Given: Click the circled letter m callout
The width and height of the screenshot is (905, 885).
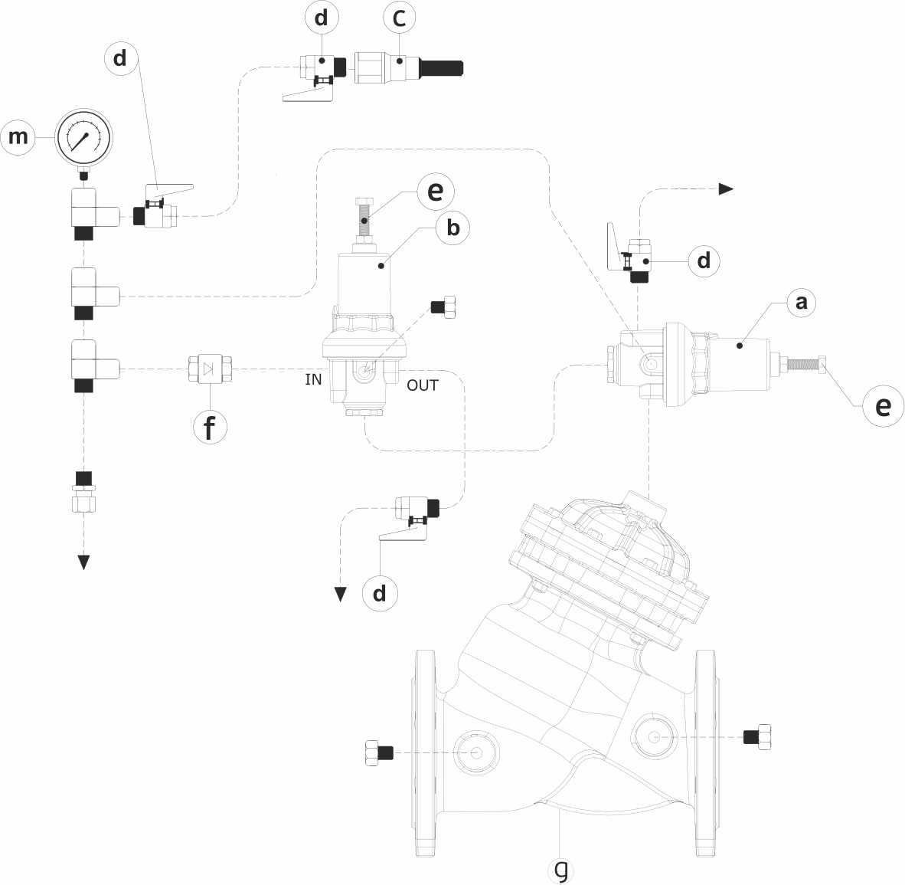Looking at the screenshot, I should coord(18,137).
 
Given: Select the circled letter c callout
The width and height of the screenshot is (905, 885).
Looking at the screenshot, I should coord(399,18).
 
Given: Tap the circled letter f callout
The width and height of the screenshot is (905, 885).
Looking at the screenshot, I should coord(210,426).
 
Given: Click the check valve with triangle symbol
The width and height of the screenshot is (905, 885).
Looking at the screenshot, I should coord(210,370).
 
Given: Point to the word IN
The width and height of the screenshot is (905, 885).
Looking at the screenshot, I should coord(313,379).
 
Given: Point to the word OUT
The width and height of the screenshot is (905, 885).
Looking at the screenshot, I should coord(422,385).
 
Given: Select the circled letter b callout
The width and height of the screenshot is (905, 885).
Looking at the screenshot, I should coord(453,228).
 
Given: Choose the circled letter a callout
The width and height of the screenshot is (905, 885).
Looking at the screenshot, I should coord(801,302).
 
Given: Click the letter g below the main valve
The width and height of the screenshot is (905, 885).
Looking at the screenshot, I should coord(561,869).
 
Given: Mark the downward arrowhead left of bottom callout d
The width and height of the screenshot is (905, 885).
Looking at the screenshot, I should coord(341,594).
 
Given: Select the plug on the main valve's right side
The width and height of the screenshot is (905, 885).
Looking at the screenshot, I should coord(757,736).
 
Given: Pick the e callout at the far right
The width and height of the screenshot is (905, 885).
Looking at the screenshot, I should coord(883,405).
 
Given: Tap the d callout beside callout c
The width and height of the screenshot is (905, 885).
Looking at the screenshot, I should coord(322,18).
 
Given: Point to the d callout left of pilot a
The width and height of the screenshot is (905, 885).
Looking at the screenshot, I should coord(704,261).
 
